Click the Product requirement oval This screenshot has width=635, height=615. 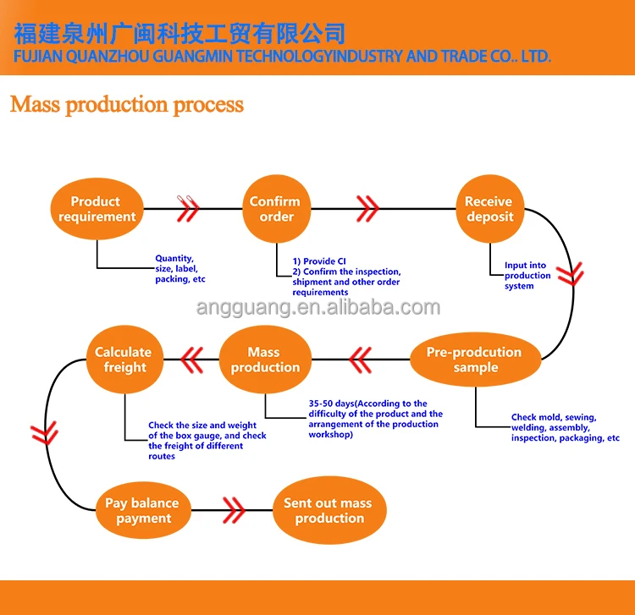97,209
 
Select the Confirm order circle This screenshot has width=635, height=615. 277,209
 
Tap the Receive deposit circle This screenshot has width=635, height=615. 490,209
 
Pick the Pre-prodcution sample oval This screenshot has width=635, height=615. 476,360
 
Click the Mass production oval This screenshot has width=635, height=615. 265,360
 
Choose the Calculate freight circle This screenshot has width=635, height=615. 124,360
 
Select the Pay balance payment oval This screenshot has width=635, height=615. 143,510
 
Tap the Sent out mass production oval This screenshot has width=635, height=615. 329,510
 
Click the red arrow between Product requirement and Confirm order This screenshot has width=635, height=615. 188,209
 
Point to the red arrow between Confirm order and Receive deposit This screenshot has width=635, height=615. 367,209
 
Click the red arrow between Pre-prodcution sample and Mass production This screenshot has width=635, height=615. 360,360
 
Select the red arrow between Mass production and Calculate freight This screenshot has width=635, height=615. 191,360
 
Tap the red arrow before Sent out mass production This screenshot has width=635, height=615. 234,510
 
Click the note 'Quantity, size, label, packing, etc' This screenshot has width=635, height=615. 180,269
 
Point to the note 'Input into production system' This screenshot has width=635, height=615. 527,276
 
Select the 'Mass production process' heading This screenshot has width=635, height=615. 127,105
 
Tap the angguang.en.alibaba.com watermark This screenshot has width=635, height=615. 318,308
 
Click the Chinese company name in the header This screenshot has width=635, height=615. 179,33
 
